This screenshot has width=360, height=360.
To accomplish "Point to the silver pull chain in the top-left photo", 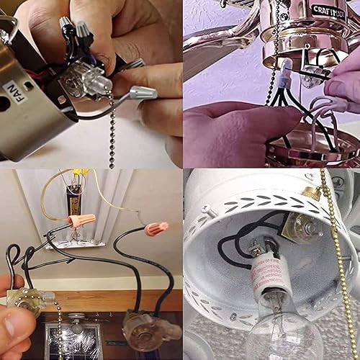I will tap(111, 137).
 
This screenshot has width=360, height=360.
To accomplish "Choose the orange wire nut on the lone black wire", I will tap(155, 230).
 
